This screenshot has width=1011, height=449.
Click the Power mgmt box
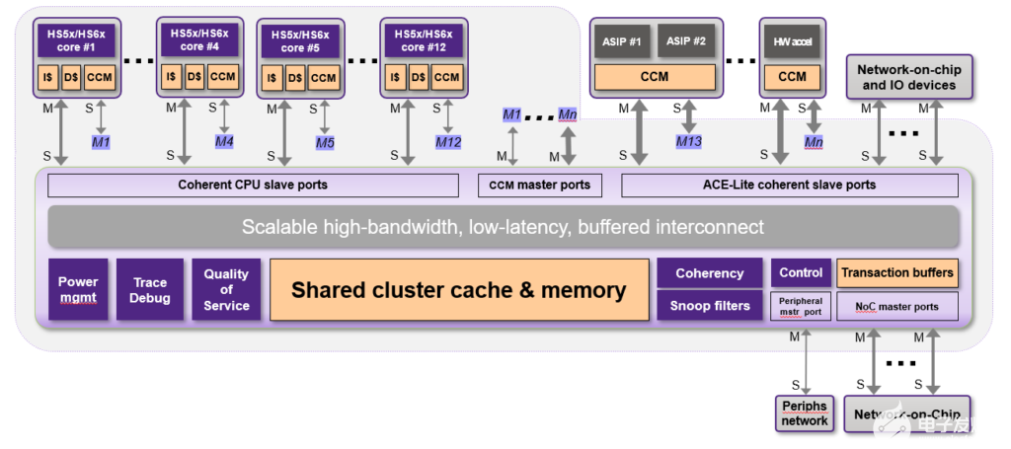[x=78, y=289]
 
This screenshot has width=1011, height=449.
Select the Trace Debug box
[x=151, y=289]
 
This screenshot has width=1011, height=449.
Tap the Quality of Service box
[x=226, y=289]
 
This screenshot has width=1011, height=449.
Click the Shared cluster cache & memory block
[x=458, y=290]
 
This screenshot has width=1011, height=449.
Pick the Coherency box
[x=709, y=273]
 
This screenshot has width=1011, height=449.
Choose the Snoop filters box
[x=709, y=306]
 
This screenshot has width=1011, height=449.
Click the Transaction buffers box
[x=896, y=272]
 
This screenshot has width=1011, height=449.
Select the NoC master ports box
[x=896, y=306]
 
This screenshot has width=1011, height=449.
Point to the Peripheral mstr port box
[x=801, y=306]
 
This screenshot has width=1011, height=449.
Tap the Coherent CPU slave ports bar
[x=253, y=185]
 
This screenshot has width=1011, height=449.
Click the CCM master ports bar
[x=540, y=185]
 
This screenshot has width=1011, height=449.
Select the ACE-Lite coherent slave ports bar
[x=789, y=185]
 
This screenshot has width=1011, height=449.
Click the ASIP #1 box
[x=622, y=41]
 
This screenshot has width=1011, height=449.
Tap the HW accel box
[x=792, y=41]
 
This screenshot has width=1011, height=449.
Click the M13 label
[x=688, y=142]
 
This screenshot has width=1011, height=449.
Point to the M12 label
[x=448, y=142]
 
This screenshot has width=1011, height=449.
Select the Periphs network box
[x=805, y=413]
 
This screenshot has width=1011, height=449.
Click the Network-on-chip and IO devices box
[x=908, y=78]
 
